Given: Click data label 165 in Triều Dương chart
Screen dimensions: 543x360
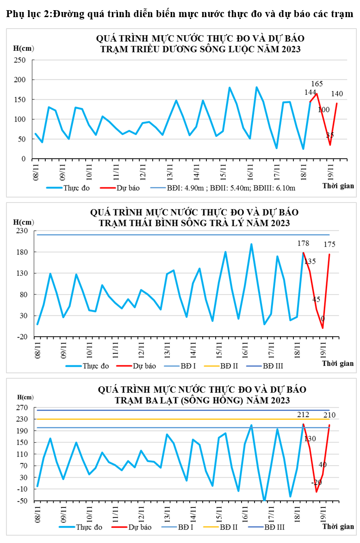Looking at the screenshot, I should [317, 84].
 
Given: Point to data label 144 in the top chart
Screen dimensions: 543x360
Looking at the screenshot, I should [310, 93].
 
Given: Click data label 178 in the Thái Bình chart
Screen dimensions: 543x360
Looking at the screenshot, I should [304, 244].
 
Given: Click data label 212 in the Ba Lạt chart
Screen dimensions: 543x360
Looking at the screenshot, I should [303, 414].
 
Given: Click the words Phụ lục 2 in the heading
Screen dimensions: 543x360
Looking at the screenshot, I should [27, 14].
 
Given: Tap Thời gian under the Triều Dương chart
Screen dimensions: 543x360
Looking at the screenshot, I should [338, 186].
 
